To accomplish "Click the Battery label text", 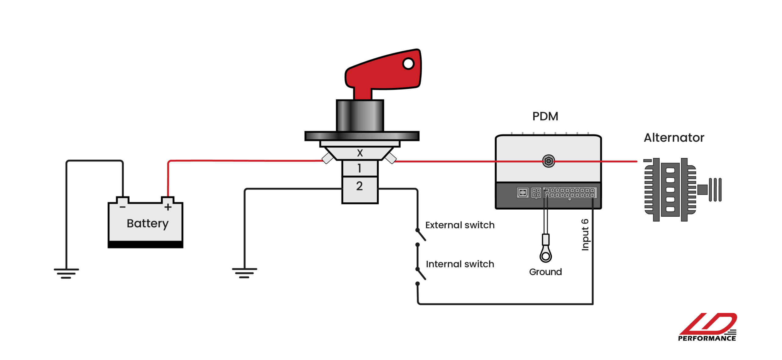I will [148, 224].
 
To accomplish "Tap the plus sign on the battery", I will [168, 207].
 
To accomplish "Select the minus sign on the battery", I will [122, 207].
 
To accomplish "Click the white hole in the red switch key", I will [408, 64].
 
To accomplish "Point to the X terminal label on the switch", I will [360, 153].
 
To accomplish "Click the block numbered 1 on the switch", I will [360, 168].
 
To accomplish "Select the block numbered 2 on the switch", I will [360, 186].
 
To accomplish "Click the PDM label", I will [545, 116].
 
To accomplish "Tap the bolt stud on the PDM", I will [548, 161].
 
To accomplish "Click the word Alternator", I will [674, 138].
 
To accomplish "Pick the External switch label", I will [460, 225].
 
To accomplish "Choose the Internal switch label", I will [460, 264].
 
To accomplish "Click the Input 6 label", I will [585, 235].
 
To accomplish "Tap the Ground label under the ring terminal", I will [545, 272].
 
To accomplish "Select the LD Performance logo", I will [707, 327].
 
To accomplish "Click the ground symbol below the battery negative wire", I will [66, 273].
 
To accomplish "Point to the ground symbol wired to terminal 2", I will [244, 273].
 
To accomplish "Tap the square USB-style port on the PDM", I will [523, 193].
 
